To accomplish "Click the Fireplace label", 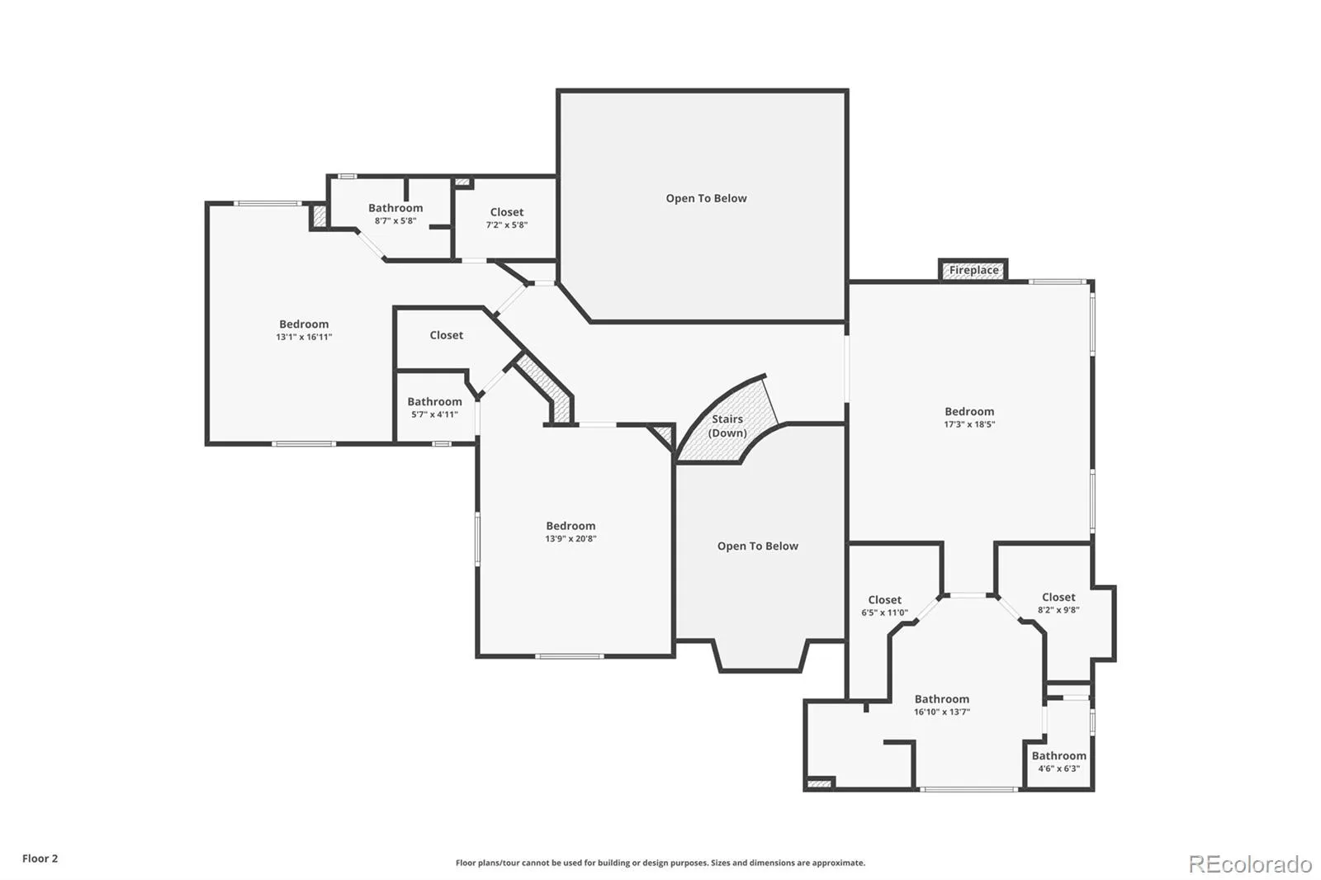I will pos(973,271).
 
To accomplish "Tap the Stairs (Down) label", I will pos(727,426).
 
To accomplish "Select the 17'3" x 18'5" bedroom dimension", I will pos(969,424).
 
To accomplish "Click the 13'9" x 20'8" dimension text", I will pos(571,539).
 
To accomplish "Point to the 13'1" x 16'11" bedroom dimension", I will pos(304,337).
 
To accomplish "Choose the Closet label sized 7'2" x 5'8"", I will pos(506,212).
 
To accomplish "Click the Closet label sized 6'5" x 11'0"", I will pos(884,600).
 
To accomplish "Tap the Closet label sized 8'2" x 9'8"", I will pos(1058,597).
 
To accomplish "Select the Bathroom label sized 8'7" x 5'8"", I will pos(395,208).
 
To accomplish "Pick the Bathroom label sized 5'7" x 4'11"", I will pos(434,402).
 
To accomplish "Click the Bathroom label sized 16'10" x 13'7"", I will pos(941,699).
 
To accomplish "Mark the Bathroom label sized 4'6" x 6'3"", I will pos(1058,755).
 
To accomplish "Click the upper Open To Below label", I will pos(706,198).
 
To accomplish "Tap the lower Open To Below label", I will pos(757,546).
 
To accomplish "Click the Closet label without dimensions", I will pos(446,335).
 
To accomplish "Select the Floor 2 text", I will pos(40,859).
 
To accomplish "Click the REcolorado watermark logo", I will pos(1249,864).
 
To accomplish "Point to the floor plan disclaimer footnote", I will pos(660,863).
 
